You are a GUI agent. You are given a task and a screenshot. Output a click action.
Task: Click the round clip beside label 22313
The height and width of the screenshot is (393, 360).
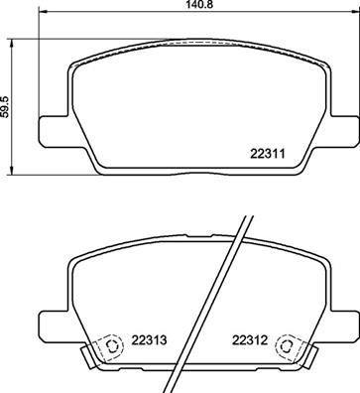112,347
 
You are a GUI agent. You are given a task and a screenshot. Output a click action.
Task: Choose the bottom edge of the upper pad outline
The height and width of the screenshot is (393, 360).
189,166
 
